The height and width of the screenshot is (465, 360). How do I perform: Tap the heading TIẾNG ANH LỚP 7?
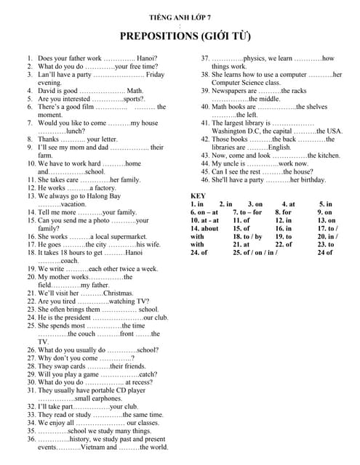point(179,15)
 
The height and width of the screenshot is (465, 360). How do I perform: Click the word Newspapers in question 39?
point(233,91)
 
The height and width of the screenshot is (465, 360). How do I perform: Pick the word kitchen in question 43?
point(324,155)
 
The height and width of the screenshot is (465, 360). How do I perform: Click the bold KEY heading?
point(199,196)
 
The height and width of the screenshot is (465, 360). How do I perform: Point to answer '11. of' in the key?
point(241,220)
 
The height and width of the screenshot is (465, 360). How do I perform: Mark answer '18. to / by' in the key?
point(247,237)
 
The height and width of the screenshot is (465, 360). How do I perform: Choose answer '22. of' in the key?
point(284,245)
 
